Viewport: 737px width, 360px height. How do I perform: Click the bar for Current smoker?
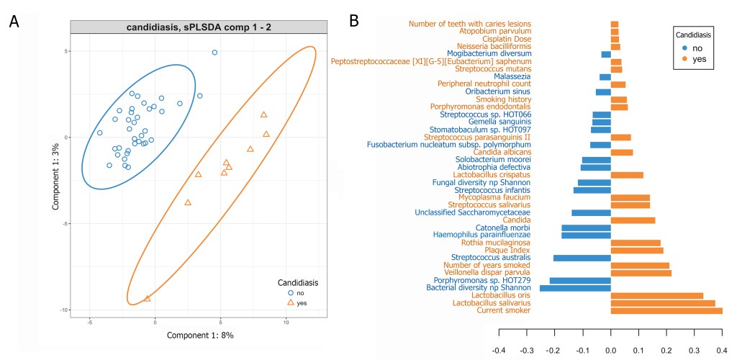point(666,310)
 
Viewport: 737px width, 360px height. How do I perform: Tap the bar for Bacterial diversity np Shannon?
point(575,288)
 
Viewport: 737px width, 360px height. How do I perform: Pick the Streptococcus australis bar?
point(582,258)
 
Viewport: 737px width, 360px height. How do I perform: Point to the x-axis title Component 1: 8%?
point(200,336)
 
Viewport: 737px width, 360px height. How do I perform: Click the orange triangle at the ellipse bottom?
point(148,298)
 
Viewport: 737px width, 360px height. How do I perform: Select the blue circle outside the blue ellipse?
point(214,53)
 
